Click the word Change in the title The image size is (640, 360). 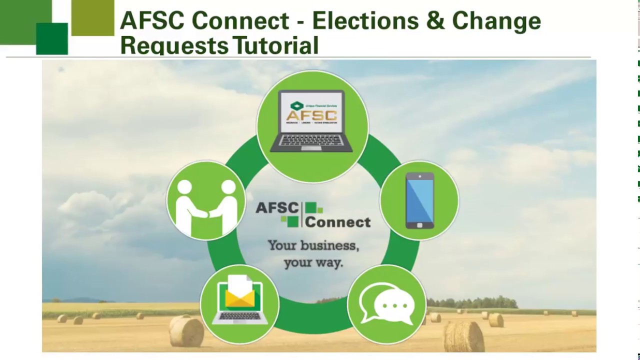496,20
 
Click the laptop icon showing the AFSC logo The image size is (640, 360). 312,121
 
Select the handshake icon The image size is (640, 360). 206,200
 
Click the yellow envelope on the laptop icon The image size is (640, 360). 240,298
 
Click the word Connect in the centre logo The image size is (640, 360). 338,221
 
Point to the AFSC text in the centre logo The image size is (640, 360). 276,208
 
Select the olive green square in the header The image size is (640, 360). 93,18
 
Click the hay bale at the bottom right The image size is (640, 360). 463,336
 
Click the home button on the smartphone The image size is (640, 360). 419,225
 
